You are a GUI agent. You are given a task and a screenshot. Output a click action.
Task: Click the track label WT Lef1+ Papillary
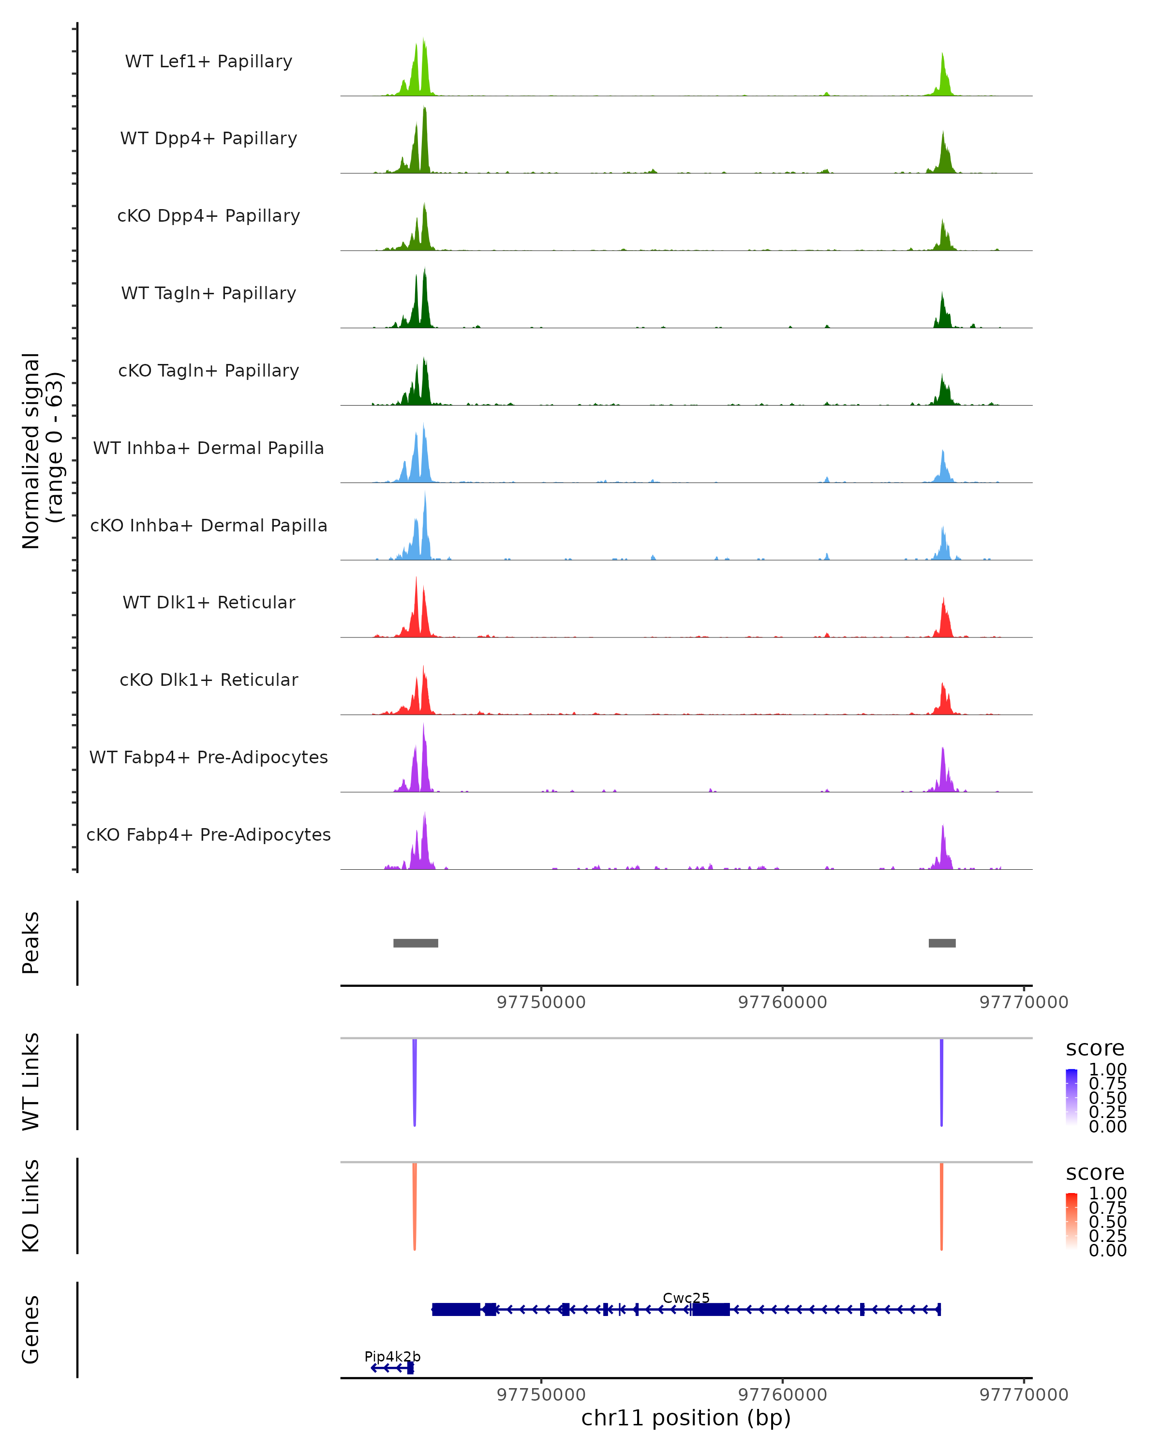click(x=208, y=61)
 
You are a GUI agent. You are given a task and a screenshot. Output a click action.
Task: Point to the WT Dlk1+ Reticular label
click(x=208, y=602)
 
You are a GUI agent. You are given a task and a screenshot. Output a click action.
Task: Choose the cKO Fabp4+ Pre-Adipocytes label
click(x=208, y=834)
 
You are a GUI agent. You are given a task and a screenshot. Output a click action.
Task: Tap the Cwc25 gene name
click(x=686, y=1298)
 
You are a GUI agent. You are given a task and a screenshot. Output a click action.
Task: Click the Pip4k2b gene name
click(x=392, y=1356)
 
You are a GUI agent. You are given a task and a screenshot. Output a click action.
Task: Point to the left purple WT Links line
click(x=415, y=1081)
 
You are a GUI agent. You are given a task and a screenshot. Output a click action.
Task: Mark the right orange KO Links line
click(x=941, y=1206)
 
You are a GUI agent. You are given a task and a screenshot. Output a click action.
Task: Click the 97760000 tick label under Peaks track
click(x=782, y=1002)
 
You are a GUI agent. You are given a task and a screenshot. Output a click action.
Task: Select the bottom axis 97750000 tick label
click(x=541, y=1395)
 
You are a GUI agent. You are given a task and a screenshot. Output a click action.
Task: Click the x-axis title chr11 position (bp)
click(x=686, y=1418)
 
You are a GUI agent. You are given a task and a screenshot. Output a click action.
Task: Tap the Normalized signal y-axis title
click(x=42, y=451)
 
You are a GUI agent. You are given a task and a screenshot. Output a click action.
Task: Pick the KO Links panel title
click(x=31, y=1206)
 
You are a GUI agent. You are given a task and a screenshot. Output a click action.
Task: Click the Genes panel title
click(x=31, y=1330)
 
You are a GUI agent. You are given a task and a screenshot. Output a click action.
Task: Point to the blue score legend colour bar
click(x=1072, y=1096)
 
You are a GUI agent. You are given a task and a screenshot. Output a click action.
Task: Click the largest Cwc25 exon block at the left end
click(x=456, y=1309)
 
